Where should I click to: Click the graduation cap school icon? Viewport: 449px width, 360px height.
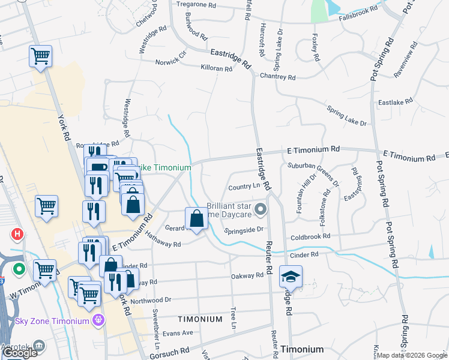(291, 277)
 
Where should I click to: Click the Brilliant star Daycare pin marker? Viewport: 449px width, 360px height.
(260, 210)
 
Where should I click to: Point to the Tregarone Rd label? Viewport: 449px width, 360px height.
(196, 5)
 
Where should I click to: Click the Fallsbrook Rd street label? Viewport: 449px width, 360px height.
(358, 10)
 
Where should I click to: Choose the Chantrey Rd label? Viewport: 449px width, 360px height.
(277, 77)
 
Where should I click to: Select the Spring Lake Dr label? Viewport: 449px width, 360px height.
(346, 116)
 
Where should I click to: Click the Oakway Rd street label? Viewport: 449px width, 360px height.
(247, 275)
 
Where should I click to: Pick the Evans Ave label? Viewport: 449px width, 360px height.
(178, 332)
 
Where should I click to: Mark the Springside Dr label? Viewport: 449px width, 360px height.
(244, 229)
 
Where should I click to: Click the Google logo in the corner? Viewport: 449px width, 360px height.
(20, 353)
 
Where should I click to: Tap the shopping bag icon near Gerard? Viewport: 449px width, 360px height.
(196, 220)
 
